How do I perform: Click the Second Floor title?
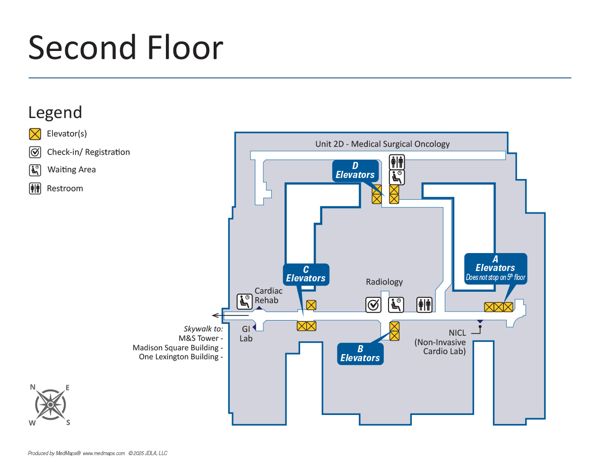(x=125, y=48)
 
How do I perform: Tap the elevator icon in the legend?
(x=35, y=134)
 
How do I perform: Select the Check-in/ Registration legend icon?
(x=35, y=152)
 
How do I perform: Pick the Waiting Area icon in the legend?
(x=35, y=170)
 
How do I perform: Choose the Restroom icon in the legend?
(x=35, y=188)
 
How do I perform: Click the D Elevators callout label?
(x=355, y=170)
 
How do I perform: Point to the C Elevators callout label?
(x=306, y=274)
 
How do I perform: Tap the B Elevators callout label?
(x=360, y=354)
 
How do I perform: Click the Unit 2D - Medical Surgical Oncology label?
(x=382, y=144)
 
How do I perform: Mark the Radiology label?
(x=384, y=282)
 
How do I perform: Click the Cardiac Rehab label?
(x=268, y=296)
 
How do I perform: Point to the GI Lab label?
(x=246, y=334)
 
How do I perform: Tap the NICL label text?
(x=457, y=333)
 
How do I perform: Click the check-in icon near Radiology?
(x=373, y=305)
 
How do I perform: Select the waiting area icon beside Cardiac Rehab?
(x=244, y=301)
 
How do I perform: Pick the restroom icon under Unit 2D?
(x=397, y=162)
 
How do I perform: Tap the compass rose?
(x=50, y=405)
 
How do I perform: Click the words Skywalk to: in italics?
(x=203, y=329)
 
